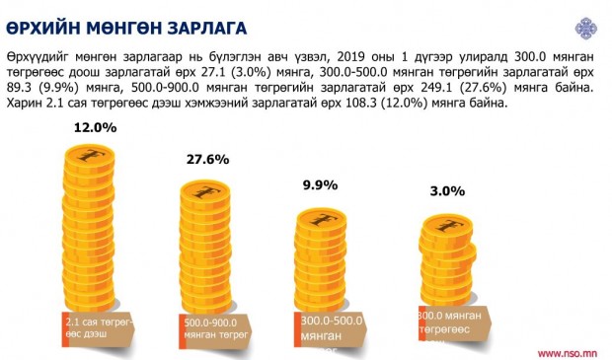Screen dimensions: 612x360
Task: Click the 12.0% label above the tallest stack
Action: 95,127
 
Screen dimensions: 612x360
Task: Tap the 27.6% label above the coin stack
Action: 207,159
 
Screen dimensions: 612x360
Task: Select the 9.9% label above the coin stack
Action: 320,184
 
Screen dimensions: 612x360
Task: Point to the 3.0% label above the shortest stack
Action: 447,191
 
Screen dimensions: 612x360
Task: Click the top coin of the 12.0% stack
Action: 90,157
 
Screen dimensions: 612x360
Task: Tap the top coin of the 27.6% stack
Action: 205,193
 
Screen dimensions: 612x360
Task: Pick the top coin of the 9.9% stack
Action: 321,220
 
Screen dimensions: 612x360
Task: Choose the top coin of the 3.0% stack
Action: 448,226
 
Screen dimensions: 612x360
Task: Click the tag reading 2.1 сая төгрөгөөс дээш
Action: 98,329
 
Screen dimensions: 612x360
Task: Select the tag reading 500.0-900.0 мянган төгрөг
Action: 215,330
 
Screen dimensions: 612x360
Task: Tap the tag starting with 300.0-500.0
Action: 331,329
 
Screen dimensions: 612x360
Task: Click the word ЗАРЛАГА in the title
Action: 207,29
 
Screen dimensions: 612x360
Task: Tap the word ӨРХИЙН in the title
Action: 42,29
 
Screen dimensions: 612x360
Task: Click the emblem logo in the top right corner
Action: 586,28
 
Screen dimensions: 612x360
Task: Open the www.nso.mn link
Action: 568,353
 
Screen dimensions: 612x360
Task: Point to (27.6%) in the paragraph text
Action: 483,88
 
